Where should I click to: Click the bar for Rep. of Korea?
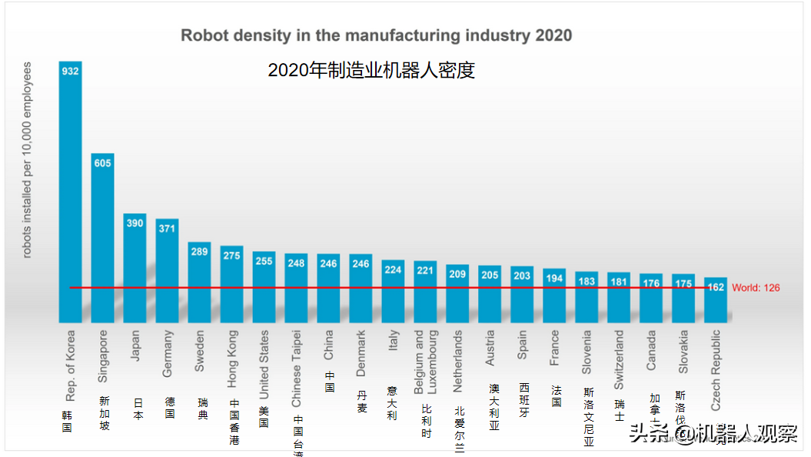(x=71, y=192)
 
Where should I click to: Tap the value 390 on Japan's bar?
(x=135, y=223)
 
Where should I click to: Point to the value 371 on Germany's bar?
(x=168, y=228)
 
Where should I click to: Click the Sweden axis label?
(x=200, y=352)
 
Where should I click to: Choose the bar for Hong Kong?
(x=232, y=285)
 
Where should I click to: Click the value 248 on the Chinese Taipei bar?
(x=297, y=262)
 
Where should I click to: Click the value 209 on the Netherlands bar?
(x=457, y=273)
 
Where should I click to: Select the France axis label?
(x=554, y=348)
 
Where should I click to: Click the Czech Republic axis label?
(x=716, y=369)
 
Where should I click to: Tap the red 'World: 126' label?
(x=756, y=288)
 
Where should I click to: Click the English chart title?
(x=376, y=35)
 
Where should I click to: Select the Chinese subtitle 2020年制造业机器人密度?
(x=371, y=70)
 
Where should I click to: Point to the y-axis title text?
(x=27, y=160)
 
